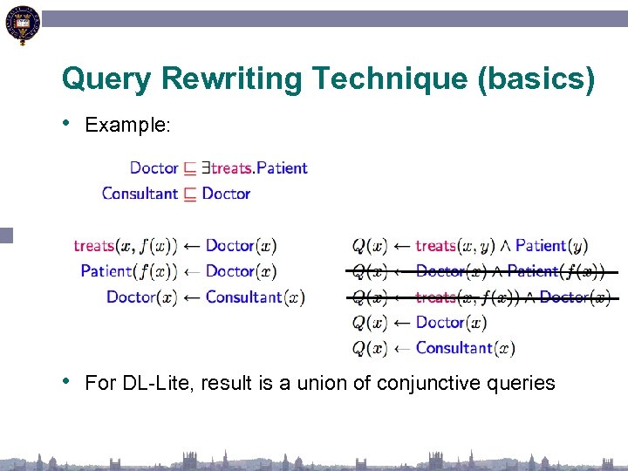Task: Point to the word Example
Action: click(127, 125)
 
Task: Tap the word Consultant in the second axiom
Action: click(140, 193)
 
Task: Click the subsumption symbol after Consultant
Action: click(189, 194)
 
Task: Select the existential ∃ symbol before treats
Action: click(205, 167)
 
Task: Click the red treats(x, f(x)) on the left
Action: click(126, 246)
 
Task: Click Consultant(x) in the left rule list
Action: click(256, 297)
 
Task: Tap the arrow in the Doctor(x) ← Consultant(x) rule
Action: click(191, 297)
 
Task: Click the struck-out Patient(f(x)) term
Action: click(556, 271)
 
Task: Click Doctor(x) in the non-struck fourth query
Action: click(451, 323)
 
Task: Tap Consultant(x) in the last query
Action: click(465, 348)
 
